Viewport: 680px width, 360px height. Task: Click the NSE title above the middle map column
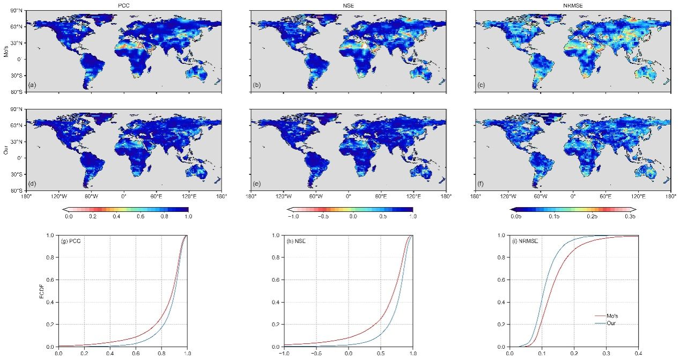click(349, 5)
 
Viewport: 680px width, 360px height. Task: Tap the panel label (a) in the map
click(33, 85)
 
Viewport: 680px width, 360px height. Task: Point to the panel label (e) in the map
click(257, 183)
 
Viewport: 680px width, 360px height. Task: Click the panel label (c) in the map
click(482, 85)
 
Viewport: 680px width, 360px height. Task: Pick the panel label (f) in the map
click(482, 183)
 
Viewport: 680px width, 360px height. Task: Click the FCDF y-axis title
click(48, 291)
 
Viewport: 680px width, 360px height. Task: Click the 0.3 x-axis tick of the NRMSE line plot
click(607, 354)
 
